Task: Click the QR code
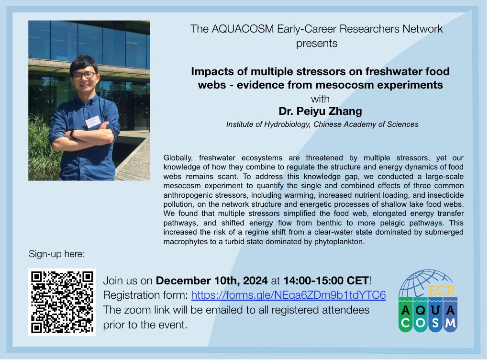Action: point(62,302)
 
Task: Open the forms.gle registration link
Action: point(289,294)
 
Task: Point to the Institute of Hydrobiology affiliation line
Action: point(322,124)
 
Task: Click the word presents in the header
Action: point(316,43)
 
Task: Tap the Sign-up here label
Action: point(57,254)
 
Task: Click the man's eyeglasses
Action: point(84,75)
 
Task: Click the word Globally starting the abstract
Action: point(179,157)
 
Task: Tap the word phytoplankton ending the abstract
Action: point(340,241)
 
